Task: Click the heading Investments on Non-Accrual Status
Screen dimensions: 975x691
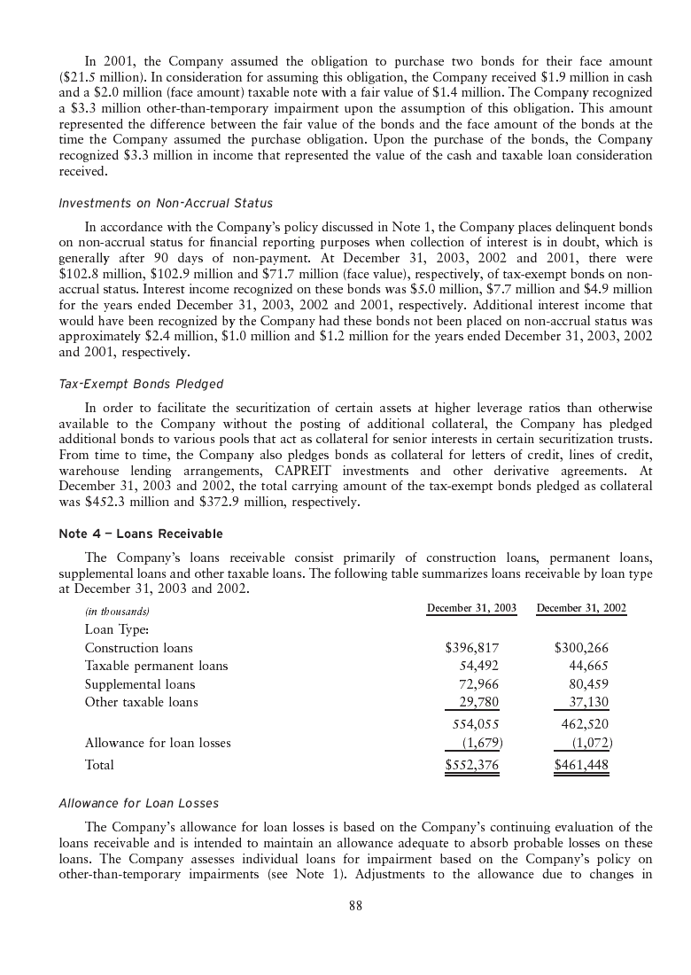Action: click(166, 204)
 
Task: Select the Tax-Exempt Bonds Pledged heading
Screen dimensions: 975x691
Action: click(141, 384)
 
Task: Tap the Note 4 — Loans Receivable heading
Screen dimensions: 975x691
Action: click(141, 534)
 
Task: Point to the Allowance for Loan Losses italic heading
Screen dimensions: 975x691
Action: click(138, 803)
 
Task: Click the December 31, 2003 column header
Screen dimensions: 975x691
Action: click(471, 608)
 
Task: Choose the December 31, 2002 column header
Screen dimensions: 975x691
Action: click(581, 608)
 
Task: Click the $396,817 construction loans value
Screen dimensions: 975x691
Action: click(472, 648)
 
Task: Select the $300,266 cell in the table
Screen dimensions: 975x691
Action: click(581, 648)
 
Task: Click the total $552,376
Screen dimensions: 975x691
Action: click(472, 764)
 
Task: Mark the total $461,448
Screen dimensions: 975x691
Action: click(581, 764)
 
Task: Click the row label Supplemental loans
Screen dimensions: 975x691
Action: click(140, 684)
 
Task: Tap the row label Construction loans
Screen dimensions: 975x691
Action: click(138, 648)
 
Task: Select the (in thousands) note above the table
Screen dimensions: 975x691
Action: click(117, 612)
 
